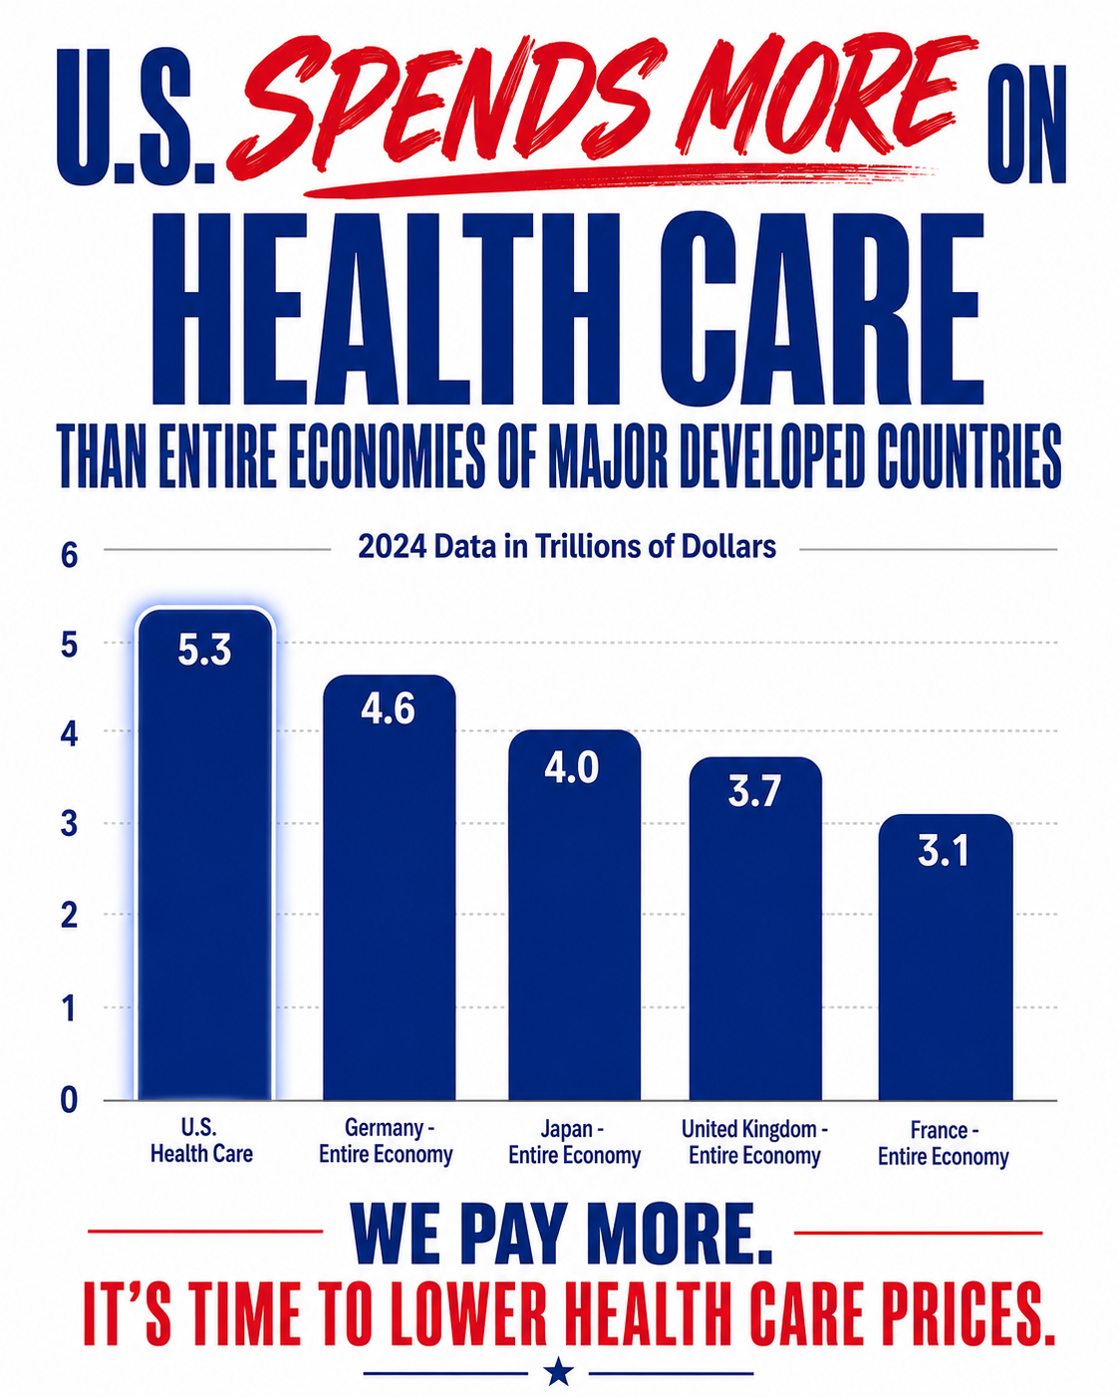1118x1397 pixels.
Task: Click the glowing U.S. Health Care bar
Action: [205, 855]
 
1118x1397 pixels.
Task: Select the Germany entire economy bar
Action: [389, 888]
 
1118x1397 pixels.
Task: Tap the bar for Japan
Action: [574, 915]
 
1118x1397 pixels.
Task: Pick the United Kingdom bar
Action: [755, 929]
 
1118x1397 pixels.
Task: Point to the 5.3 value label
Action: [204, 650]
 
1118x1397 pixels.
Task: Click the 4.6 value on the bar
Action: [388, 708]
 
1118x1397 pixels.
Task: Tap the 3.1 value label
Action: [944, 851]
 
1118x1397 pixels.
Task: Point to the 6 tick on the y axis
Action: [70, 556]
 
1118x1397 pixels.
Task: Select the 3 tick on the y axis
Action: [69, 824]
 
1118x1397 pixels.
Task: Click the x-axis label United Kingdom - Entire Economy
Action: [754, 1143]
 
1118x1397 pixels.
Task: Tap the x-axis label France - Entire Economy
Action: [944, 1143]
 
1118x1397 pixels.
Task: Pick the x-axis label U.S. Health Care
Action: [201, 1141]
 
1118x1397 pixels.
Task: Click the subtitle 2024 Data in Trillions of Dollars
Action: [567, 547]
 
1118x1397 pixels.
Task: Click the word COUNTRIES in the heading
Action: [970, 455]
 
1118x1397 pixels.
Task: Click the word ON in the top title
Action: [1026, 124]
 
